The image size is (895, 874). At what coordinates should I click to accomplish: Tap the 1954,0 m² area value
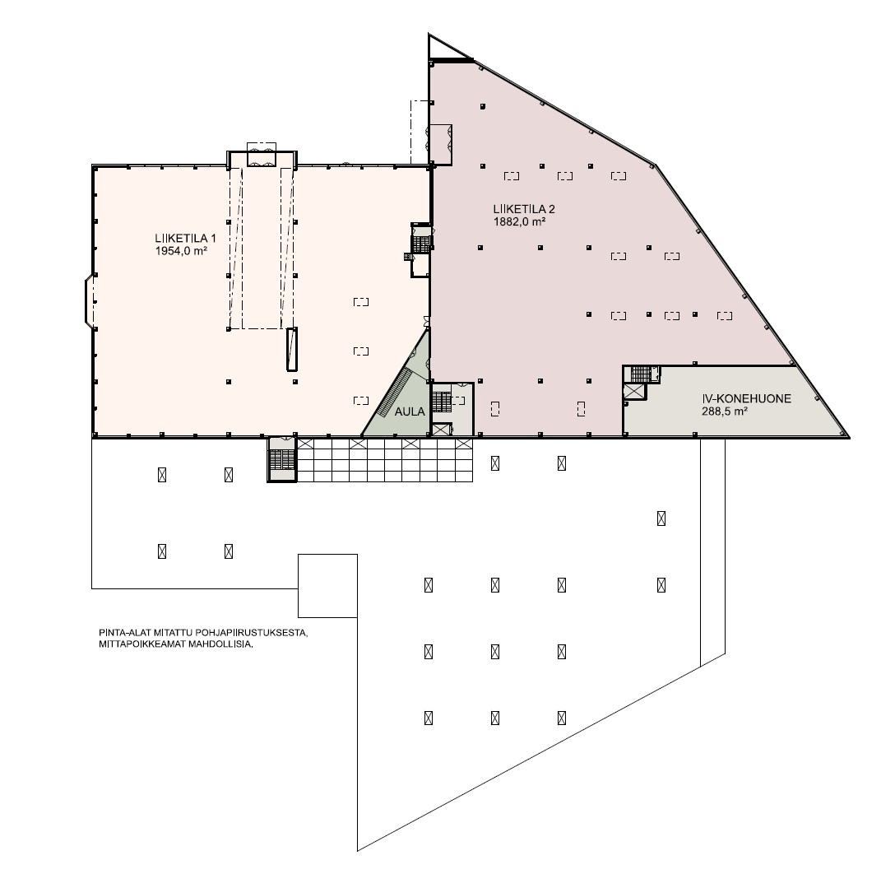coord(181,251)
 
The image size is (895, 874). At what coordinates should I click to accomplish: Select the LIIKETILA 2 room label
coord(524,209)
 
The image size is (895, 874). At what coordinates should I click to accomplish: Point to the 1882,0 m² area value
coord(519,221)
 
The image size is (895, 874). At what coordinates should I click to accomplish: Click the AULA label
coord(410,411)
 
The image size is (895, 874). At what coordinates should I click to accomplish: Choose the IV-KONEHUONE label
coord(747,398)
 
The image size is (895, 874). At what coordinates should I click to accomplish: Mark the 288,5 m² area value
coord(725,411)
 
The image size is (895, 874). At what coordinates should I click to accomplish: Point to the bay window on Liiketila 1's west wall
coord(90,301)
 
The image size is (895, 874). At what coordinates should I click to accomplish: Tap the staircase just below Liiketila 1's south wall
coord(282,459)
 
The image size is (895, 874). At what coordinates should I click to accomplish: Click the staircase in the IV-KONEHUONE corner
coord(641,374)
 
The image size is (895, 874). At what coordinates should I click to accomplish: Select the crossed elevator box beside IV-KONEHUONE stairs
coord(633,392)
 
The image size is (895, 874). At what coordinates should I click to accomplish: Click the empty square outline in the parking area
coord(327,586)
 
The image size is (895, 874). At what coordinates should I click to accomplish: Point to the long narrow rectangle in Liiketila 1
coord(292,350)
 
